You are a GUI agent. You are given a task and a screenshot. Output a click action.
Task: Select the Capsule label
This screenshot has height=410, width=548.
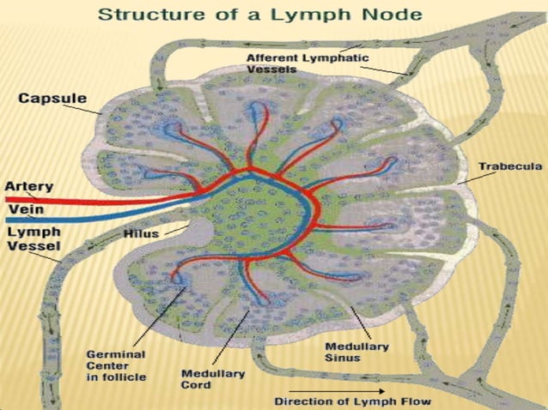coord(52,99)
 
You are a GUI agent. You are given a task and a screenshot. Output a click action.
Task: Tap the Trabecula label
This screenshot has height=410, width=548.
coord(506,166)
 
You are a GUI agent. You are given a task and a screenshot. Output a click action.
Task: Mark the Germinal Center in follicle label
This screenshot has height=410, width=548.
coord(115,365)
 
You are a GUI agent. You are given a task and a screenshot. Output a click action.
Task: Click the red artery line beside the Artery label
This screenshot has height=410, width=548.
coord(86,202)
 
